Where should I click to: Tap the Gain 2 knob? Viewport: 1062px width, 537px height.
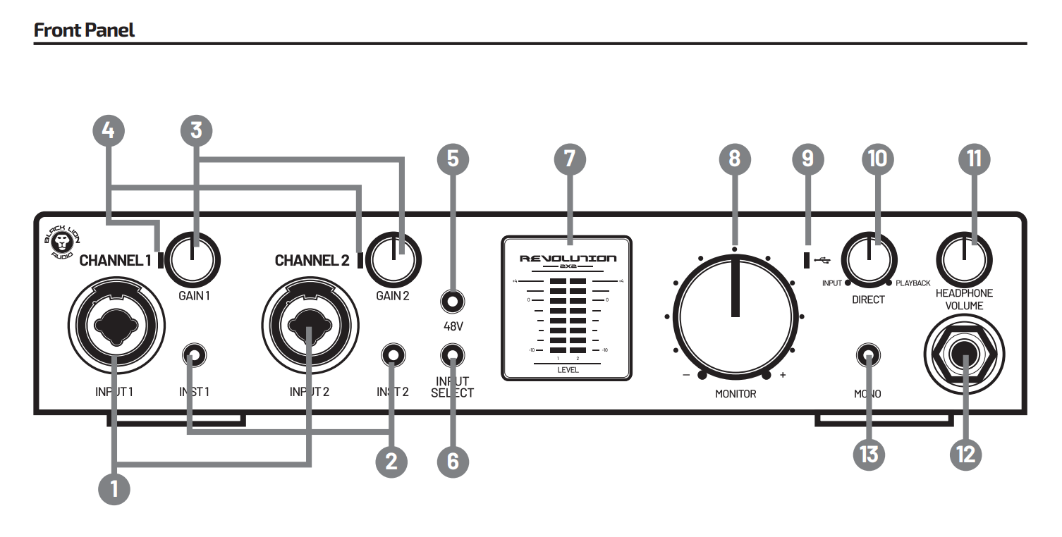395,259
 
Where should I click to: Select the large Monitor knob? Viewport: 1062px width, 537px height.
735,315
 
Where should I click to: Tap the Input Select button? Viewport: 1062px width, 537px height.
452,354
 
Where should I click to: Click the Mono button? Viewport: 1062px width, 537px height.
867,356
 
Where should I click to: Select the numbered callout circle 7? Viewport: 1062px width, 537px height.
570,159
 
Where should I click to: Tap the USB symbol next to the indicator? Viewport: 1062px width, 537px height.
821,260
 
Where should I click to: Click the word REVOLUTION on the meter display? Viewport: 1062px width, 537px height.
568,259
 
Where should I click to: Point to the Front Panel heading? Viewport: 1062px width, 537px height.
84,30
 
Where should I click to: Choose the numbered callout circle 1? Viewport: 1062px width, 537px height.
114,488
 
